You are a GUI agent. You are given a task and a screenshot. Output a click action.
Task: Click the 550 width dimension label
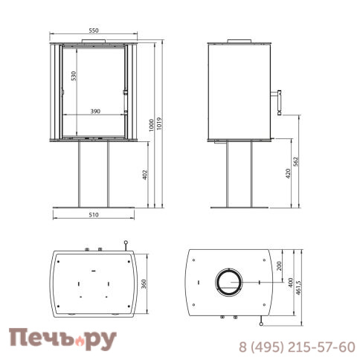94,30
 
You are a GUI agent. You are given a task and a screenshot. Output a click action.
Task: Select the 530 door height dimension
74,76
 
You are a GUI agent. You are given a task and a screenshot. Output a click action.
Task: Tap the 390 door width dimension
95,112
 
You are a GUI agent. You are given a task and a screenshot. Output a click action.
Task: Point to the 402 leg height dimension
145,175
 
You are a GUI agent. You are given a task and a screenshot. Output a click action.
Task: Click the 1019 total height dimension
159,123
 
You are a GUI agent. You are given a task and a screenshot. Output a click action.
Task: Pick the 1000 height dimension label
152,125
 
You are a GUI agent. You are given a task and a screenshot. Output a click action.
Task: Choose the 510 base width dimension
94,215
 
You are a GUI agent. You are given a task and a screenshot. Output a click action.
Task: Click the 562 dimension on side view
295,161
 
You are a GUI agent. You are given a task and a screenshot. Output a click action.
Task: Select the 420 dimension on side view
288,173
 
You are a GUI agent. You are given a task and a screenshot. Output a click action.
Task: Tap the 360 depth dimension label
144,284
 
